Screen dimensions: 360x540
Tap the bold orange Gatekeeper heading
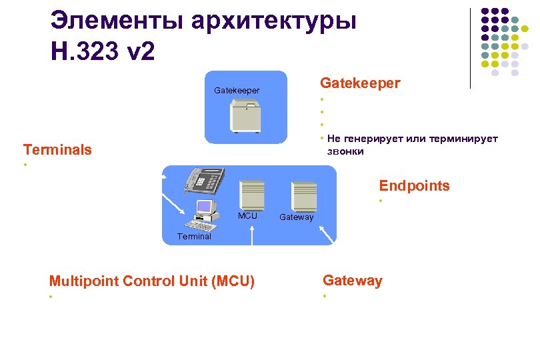(360, 83)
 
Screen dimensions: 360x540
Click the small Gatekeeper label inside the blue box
(237, 90)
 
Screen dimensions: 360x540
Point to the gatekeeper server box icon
(246, 116)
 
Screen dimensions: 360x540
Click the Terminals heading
(57, 149)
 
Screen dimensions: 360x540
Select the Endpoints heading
(414, 186)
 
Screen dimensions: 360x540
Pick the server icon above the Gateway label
(304, 196)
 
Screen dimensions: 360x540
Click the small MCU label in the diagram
(247, 216)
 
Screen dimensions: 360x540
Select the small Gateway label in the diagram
(296, 217)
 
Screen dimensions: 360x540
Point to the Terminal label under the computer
(194, 237)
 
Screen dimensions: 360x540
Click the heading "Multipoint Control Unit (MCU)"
(152, 281)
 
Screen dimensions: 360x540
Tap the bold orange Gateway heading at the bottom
(353, 281)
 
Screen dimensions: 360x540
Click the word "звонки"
(345, 151)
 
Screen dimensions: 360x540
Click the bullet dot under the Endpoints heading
(380, 201)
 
